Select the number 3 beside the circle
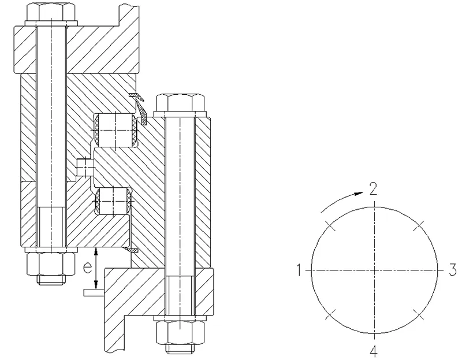[453, 270]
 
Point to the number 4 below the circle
[374, 351]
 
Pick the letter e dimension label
[86, 268]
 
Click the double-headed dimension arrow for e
[96, 268]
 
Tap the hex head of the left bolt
[53, 13]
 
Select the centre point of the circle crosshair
[374, 270]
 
